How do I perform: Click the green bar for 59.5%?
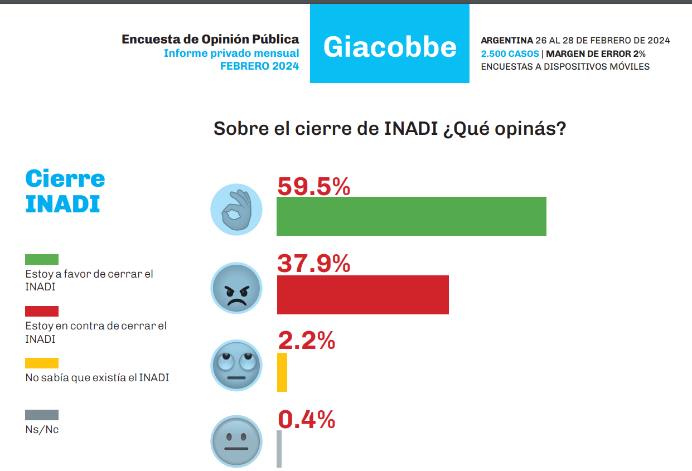click(x=411, y=216)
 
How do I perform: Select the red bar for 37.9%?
click(x=362, y=294)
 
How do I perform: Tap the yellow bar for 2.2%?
click(x=282, y=372)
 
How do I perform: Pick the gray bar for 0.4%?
click(x=279, y=449)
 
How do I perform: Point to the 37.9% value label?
click(x=313, y=264)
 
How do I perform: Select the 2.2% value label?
click(x=306, y=340)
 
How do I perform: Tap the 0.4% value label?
click(x=306, y=419)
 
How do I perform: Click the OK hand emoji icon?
click(x=236, y=210)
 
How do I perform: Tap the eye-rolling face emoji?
click(x=236, y=366)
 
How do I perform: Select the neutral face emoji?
click(x=236, y=441)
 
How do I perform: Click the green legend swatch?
click(x=42, y=260)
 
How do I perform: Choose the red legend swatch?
click(x=42, y=311)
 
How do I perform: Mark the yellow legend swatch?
click(x=42, y=363)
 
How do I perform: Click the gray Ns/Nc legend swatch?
click(x=42, y=415)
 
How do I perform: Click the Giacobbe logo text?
click(x=390, y=47)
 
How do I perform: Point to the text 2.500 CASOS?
click(x=510, y=54)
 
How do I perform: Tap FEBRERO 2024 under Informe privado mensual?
click(x=259, y=66)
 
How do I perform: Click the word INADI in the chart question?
click(x=411, y=128)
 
